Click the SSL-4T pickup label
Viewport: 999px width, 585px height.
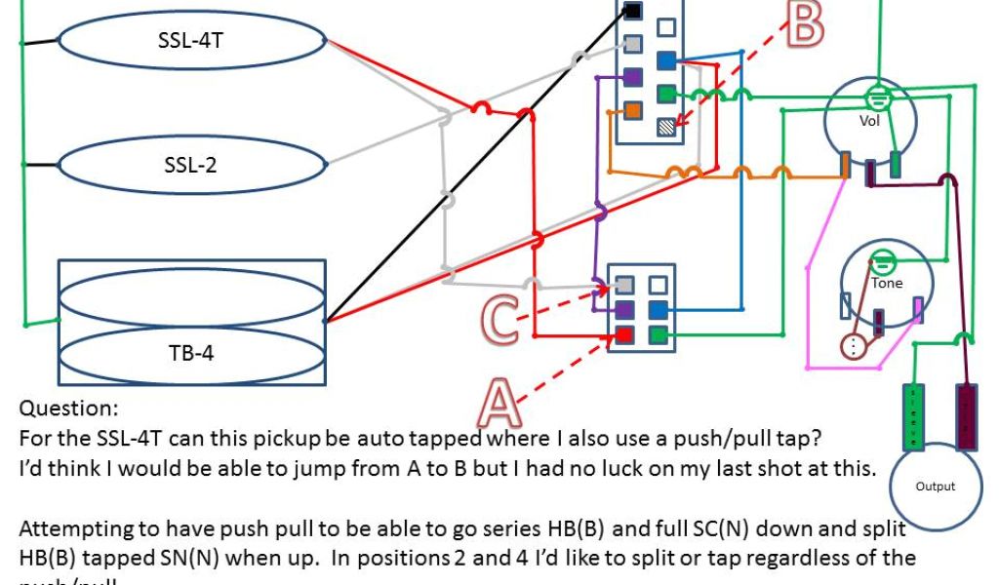click(x=191, y=41)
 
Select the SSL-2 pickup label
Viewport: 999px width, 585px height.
click(x=191, y=164)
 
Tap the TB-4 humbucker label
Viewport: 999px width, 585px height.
click(x=191, y=352)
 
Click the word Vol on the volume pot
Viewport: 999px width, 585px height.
click(x=869, y=121)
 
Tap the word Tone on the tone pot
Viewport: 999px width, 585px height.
click(x=887, y=283)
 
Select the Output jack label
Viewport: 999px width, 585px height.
click(x=936, y=486)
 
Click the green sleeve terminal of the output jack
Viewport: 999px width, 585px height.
click(x=914, y=417)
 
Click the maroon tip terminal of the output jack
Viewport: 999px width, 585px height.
click(x=968, y=417)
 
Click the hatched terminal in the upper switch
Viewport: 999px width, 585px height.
click(x=666, y=126)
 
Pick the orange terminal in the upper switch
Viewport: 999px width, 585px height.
click(x=631, y=110)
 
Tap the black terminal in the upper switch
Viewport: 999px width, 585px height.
click(x=631, y=12)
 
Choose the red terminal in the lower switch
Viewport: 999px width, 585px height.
click(x=623, y=336)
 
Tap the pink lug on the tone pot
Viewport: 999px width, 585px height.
click(x=916, y=310)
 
